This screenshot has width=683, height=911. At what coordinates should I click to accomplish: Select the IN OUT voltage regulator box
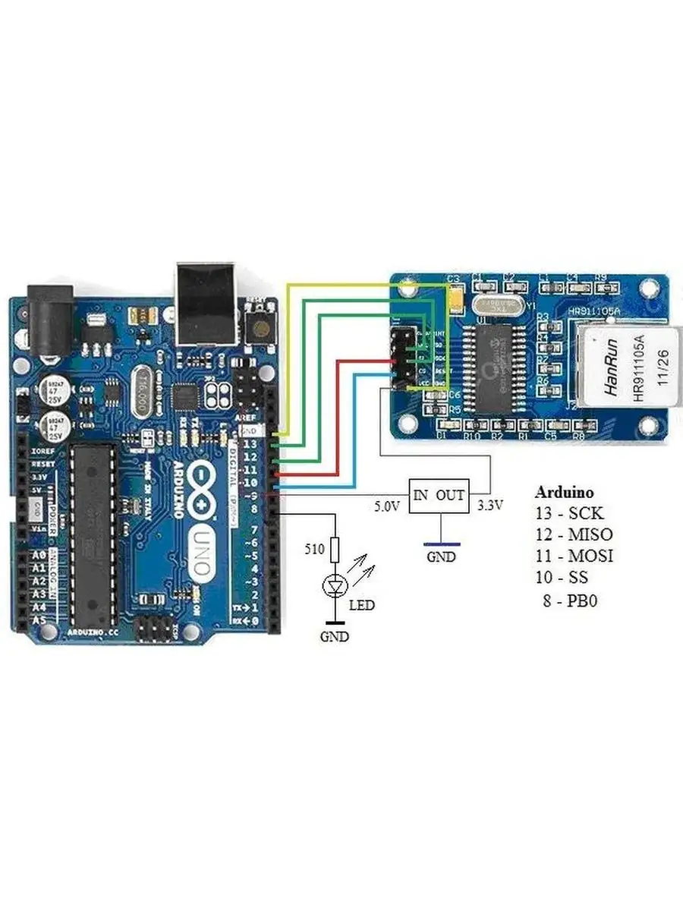pyautogui.click(x=439, y=496)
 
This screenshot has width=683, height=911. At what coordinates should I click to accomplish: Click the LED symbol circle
pyautogui.click(x=335, y=585)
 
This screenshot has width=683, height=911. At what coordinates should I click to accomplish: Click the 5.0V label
pyautogui.click(x=386, y=506)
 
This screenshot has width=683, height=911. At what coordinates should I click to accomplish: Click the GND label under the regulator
pyautogui.click(x=441, y=556)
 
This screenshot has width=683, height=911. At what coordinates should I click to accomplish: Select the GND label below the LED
pyautogui.click(x=334, y=637)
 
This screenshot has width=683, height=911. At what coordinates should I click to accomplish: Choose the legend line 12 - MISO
pyautogui.click(x=574, y=534)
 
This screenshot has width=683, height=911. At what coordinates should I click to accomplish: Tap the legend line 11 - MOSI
pyautogui.click(x=574, y=556)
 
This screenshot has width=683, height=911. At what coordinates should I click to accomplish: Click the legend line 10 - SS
pyautogui.click(x=562, y=578)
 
